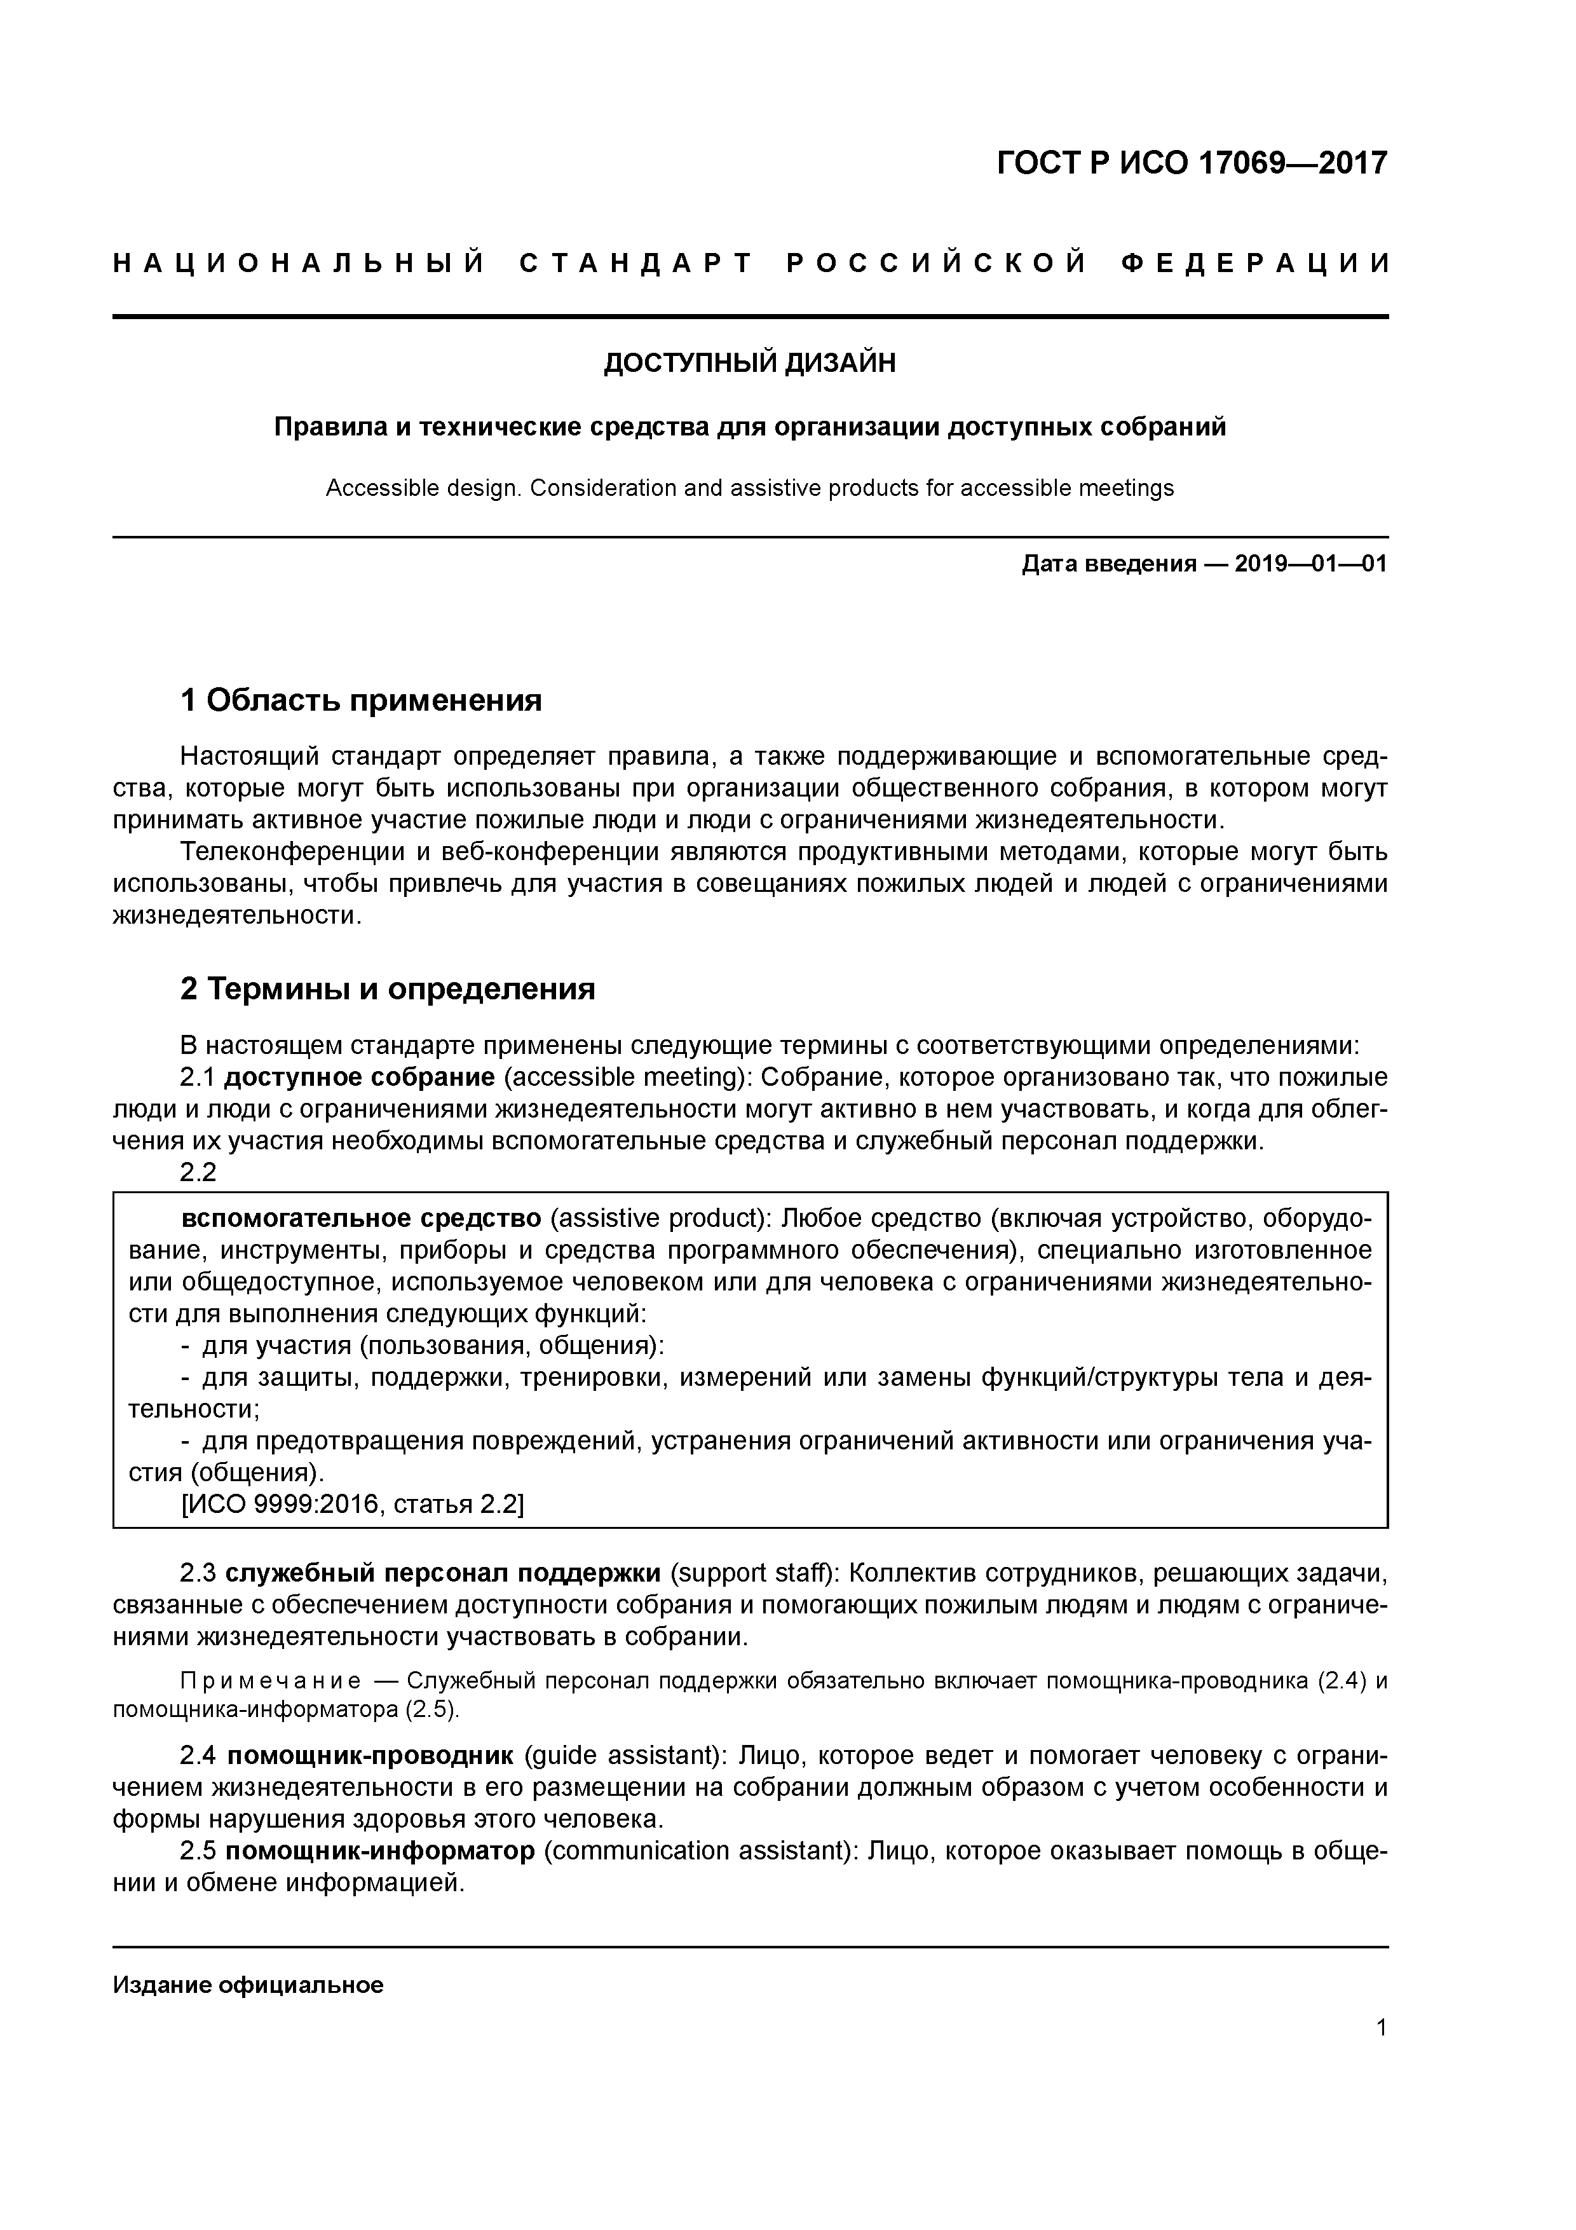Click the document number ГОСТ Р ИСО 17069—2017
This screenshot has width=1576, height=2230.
(1192, 163)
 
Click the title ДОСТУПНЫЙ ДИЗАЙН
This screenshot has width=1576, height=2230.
(750, 363)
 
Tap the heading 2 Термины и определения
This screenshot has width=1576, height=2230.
(388, 988)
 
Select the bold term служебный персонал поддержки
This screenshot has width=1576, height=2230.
(444, 1573)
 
